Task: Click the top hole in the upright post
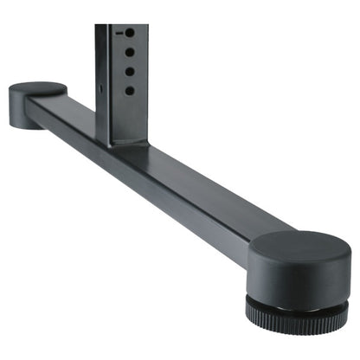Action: pyautogui.click(x=129, y=33)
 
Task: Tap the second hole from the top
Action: pyautogui.click(x=129, y=54)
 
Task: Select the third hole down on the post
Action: pyautogui.click(x=129, y=72)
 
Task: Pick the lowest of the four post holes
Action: pyautogui.click(x=129, y=90)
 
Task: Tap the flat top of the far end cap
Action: pyautogui.click(x=37, y=88)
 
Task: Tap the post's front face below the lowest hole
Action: pyautogui.click(x=129, y=117)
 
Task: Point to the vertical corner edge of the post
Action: pyautogui.click(x=109, y=87)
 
